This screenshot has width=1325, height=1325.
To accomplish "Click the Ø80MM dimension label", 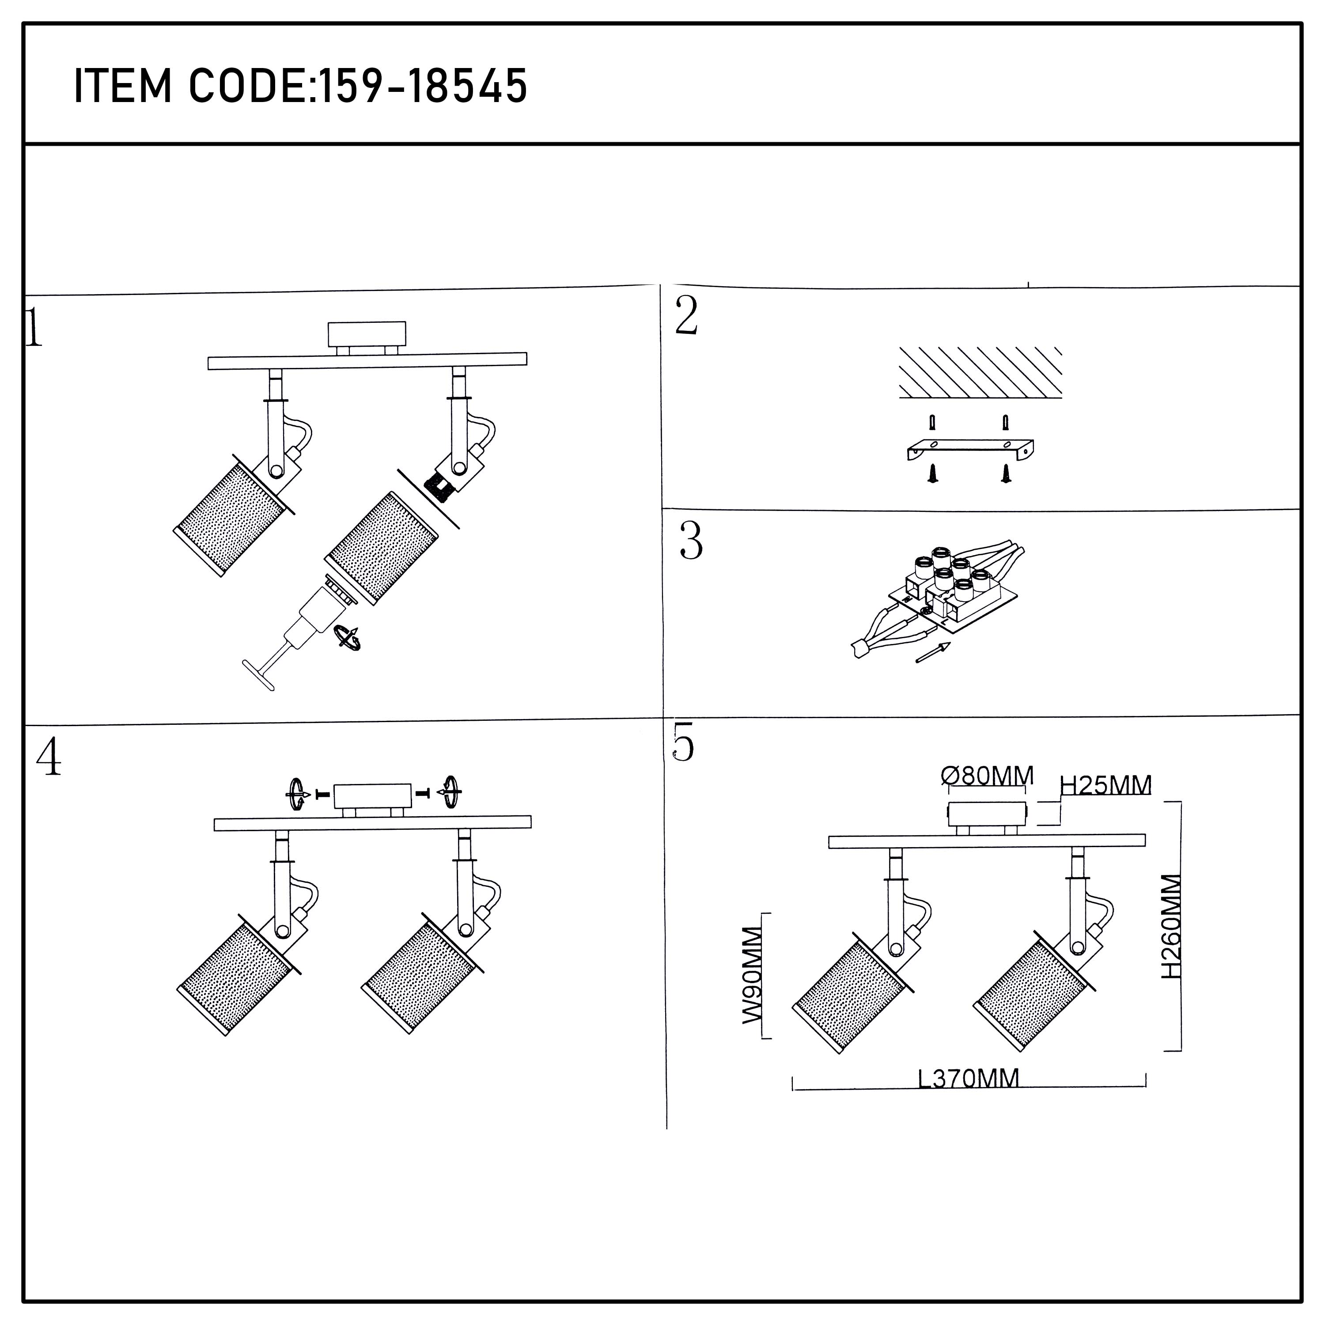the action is pyautogui.click(x=987, y=776).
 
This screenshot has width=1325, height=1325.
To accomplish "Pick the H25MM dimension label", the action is pyautogui.click(x=1105, y=785).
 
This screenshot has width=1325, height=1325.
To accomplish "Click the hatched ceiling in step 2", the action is pyautogui.click(x=980, y=372).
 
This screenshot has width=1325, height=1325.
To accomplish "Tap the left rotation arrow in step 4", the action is pyautogui.click(x=296, y=794).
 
